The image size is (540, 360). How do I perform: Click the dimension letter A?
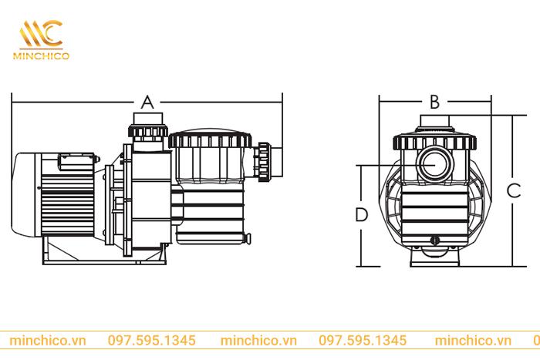click(148, 102)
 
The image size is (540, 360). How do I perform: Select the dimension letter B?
click(434, 102)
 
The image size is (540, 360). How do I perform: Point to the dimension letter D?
click(361, 214)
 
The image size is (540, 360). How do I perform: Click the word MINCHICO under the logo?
click(43, 56)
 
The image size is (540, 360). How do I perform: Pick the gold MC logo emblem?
click(42, 32)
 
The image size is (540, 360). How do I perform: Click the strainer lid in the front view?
click(434, 142)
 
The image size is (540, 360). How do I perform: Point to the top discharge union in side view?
click(148, 126)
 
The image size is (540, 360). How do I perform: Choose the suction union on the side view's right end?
click(265, 157)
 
